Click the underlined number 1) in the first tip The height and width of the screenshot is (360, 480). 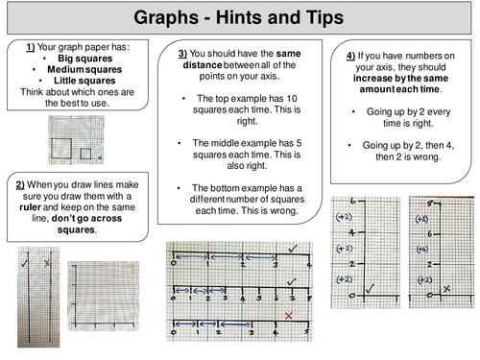[x=31, y=47]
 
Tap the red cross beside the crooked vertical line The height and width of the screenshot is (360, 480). [x=46, y=262]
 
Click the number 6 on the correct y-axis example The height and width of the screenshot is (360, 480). [x=352, y=202]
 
